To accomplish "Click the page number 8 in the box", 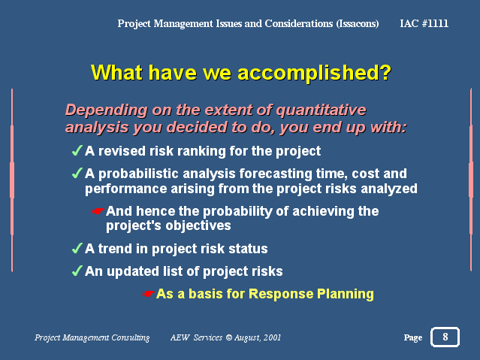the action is [445, 337].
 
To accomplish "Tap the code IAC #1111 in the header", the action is [424, 23].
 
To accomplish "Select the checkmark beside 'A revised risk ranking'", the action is [77, 150].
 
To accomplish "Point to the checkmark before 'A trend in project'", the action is [77, 248].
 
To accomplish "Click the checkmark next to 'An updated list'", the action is [77, 271].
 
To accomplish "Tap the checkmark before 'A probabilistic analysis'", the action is [77, 173].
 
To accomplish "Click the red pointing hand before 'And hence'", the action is [98, 211].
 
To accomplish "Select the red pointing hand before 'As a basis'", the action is [148, 294].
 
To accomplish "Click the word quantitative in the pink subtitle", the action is [321, 110].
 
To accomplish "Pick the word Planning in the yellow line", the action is [346, 294].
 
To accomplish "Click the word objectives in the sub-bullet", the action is [198, 225].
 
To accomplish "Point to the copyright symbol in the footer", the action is [228, 337].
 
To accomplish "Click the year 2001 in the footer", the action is [272, 337].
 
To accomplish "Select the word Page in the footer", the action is [412, 337].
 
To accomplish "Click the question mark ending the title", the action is [385, 73].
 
